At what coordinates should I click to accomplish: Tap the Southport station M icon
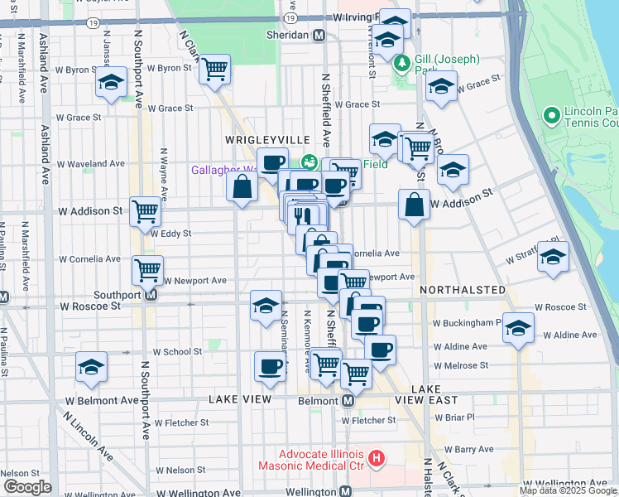click(x=151, y=294)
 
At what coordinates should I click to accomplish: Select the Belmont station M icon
click(x=348, y=400)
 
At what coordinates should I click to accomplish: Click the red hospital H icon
click(x=377, y=457)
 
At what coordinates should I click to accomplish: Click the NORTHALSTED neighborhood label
click(x=462, y=290)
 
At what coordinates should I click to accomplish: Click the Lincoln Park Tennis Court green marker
click(x=550, y=115)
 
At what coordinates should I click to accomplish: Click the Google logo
click(x=26, y=487)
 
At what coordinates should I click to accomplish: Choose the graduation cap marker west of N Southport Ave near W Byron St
click(x=111, y=82)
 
